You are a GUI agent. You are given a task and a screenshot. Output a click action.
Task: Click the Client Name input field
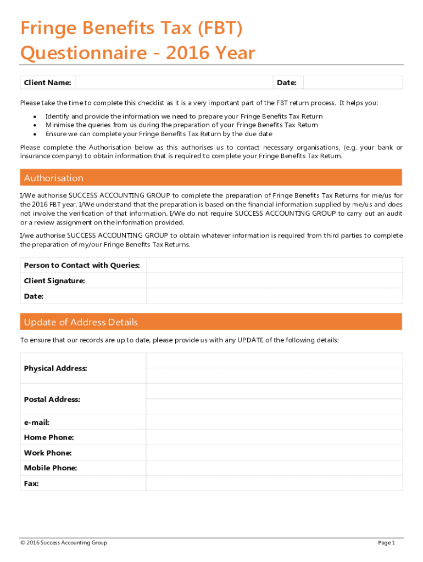click(x=174, y=83)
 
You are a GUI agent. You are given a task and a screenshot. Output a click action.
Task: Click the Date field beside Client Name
click(x=353, y=83)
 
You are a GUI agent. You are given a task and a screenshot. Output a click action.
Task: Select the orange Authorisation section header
click(x=211, y=178)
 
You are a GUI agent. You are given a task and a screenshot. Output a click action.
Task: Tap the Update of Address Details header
click(x=211, y=322)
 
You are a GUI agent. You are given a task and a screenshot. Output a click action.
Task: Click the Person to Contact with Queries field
click(x=274, y=266)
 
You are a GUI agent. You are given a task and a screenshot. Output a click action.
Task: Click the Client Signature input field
click(x=274, y=281)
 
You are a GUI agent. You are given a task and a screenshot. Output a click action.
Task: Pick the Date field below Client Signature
click(x=274, y=296)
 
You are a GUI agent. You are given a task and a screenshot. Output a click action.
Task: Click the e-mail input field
click(x=274, y=423)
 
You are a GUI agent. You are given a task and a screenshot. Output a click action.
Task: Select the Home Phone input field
click(x=274, y=438)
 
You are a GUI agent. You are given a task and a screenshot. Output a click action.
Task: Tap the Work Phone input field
click(x=274, y=453)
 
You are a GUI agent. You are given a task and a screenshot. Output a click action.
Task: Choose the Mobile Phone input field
click(x=274, y=468)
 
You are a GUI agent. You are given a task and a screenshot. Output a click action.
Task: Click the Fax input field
click(x=274, y=484)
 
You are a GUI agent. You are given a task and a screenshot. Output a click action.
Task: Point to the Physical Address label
click(x=55, y=368)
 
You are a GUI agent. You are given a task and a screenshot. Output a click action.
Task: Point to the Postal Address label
click(x=52, y=400)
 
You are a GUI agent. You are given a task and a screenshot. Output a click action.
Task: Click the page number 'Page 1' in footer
click(x=386, y=543)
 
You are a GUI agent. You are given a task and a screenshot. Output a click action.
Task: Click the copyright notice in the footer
click(x=64, y=543)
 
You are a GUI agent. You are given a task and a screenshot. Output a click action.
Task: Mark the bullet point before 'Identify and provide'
click(x=35, y=117)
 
